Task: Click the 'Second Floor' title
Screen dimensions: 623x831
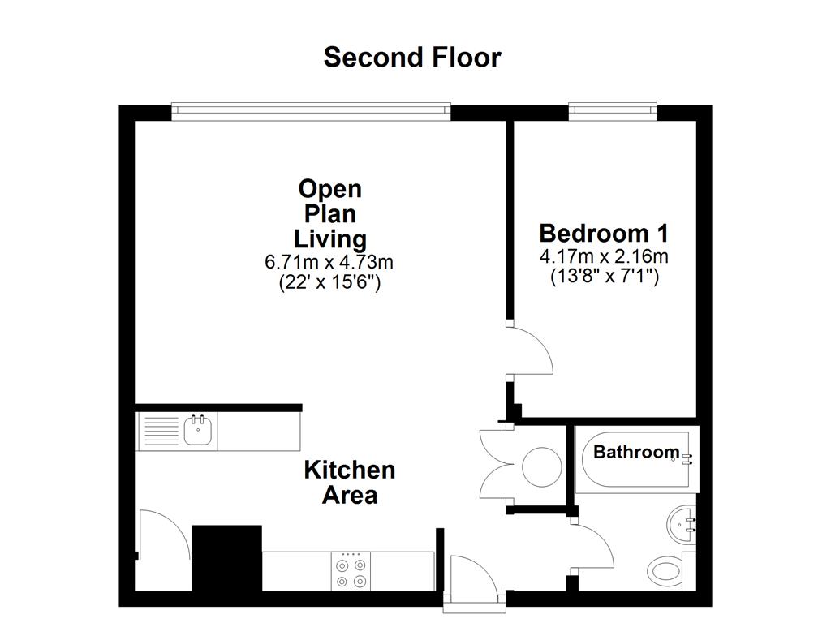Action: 412,58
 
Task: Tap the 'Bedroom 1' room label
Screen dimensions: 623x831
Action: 604,234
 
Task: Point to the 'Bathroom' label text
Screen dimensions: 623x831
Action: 636,453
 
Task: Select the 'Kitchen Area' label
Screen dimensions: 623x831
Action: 350,482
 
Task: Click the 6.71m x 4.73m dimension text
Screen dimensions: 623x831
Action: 329,262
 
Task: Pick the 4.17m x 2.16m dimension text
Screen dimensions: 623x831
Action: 604,257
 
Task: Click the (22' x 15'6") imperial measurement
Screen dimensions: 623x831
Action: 329,282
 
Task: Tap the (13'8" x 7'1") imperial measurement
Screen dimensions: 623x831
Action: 604,277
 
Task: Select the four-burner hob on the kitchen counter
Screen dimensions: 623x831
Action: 351,570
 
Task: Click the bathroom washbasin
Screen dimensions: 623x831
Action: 681,523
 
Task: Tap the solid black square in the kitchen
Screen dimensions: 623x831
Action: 227,559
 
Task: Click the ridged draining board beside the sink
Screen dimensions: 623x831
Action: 160,430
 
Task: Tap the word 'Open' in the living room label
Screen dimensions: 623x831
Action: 329,189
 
